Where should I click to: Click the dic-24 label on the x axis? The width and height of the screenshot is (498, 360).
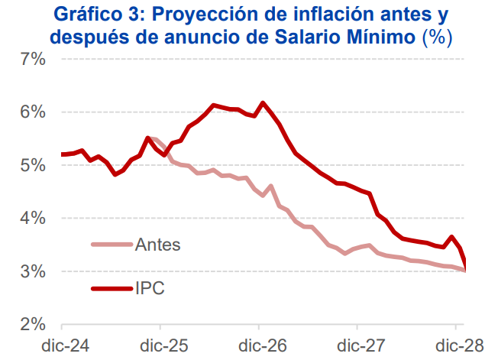(x=66, y=345)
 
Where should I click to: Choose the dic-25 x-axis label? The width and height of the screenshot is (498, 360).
(x=165, y=345)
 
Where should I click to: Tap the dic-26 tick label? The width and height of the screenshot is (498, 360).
(x=264, y=345)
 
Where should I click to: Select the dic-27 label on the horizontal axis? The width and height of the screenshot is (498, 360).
(x=363, y=345)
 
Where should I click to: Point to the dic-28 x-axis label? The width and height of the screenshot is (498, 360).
(x=461, y=345)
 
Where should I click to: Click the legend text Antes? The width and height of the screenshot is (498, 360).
(x=158, y=245)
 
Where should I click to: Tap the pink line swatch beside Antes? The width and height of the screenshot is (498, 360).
(x=110, y=245)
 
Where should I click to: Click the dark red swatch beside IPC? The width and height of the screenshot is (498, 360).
(x=110, y=288)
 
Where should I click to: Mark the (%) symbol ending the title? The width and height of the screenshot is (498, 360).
(x=438, y=35)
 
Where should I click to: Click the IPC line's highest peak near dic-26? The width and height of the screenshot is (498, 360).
(x=263, y=102)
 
